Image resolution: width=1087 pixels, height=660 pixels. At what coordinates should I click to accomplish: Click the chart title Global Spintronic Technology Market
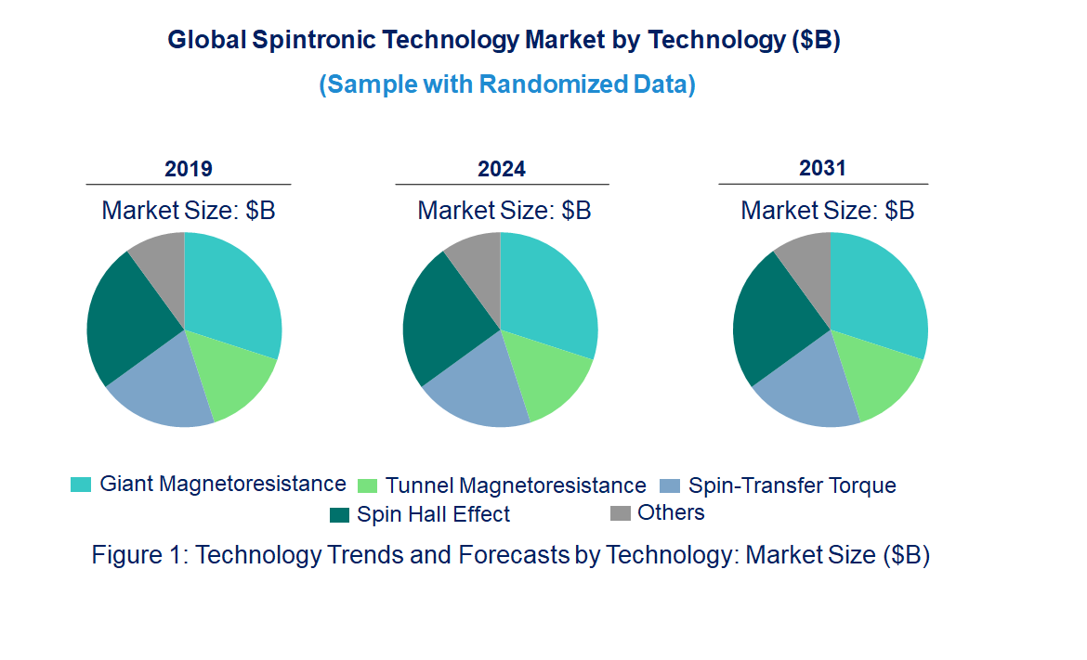tap(504, 41)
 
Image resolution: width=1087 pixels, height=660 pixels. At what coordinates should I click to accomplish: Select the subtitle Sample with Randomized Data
tap(507, 84)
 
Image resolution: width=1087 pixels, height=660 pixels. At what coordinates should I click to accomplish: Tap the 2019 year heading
tap(189, 169)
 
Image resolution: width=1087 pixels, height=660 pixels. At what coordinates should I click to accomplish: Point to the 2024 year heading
tap(502, 169)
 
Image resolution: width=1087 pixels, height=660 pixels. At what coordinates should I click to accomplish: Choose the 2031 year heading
tap(823, 168)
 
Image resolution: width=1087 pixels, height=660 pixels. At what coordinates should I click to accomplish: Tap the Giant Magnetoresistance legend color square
tap(81, 485)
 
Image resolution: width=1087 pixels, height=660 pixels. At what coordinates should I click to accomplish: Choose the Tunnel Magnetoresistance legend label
tap(516, 485)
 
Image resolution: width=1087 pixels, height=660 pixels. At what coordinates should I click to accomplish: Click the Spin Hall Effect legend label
tap(433, 514)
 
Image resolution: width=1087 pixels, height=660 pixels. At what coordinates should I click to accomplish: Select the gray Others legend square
tap(620, 513)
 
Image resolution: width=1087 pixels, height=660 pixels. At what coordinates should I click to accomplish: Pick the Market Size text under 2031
tap(827, 211)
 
